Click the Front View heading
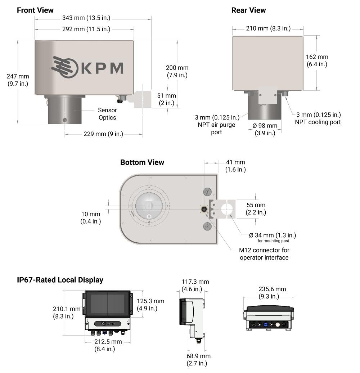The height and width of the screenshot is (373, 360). click(x=35, y=10)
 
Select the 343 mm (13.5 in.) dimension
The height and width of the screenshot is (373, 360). click(x=86, y=18)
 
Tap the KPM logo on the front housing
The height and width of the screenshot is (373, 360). click(x=87, y=68)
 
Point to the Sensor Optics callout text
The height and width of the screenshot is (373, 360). click(x=107, y=114)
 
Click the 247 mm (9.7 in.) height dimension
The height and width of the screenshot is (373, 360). click(x=18, y=80)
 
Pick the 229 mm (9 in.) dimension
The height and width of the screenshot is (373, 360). click(x=103, y=134)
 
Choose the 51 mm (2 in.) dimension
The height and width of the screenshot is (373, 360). click(x=166, y=99)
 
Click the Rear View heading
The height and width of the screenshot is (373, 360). click(x=248, y=10)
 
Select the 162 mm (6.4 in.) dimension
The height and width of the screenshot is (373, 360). click(x=317, y=60)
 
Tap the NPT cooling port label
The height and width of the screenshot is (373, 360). click(x=318, y=118)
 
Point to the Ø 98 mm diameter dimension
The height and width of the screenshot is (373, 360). click(x=265, y=129)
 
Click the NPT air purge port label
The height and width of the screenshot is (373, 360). click(x=217, y=125)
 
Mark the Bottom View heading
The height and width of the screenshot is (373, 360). click(x=142, y=162)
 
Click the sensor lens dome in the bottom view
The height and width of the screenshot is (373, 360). click(x=149, y=206)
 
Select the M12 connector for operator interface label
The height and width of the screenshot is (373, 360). click(x=264, y=253)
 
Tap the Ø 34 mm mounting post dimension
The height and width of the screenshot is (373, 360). click(x=273, y=237)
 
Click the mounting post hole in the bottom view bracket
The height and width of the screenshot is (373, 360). click(x=226, y=209)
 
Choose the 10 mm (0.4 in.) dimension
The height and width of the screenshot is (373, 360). click(x=91, y=217)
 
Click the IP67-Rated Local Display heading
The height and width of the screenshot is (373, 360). click(x=60, y=280)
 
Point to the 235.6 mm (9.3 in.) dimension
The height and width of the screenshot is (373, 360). click(x=272, y=293)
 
